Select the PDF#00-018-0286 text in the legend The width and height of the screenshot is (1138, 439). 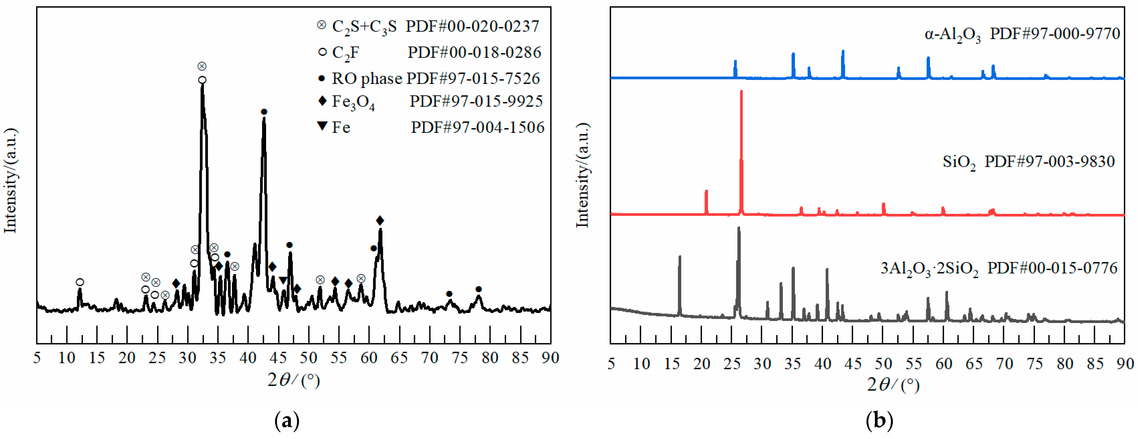point(474,52)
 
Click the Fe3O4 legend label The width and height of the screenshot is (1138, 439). point(353,102)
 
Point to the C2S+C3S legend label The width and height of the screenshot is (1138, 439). point(364,27)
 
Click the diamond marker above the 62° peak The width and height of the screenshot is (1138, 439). point(380,220)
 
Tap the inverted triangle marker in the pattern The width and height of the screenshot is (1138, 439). point(283,280)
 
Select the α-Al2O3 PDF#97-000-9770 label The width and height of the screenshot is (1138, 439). point(1022,34)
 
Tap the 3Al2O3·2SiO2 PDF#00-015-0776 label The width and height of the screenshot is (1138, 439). point(999,268)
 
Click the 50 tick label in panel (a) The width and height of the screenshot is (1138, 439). point(308,358)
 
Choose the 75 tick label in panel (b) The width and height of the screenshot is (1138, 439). point(1035,364)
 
